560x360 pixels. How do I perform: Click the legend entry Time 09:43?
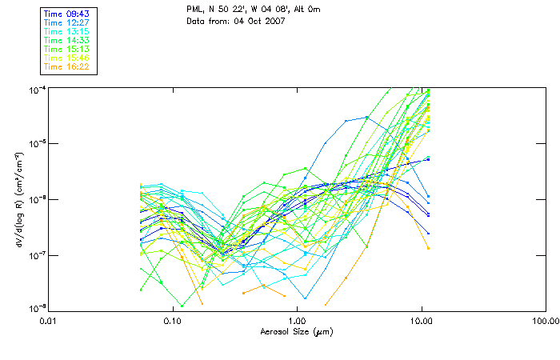pyautogui.click(x=66, y=14)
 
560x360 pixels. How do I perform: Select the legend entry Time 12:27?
pyautogui.click(x=66, y=23)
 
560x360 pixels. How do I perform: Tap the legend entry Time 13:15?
pyautogui.click(x=66, y=32)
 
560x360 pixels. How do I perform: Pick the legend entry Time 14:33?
pyautogui.click(x=66, y=40)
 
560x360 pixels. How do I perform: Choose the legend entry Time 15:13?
pyautogui.click(x=66, y=49)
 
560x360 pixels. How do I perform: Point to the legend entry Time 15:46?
pyautogui.click(x=66, y=58)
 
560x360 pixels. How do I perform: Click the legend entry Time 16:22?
pyautogui.click(x=66, y=66)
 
